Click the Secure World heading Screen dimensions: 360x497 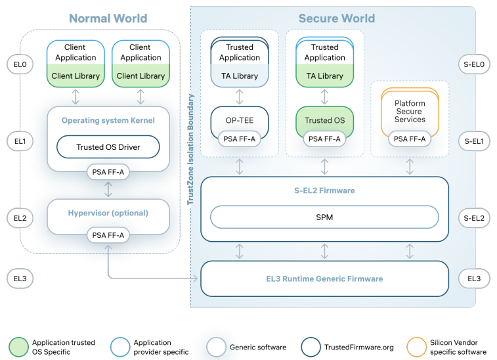pos(336,18)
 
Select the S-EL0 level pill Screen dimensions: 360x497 pos(473,64)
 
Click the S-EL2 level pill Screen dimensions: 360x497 pos(473,218)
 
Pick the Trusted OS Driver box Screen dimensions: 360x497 pos(108,147)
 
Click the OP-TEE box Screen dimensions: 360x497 pos(240,121)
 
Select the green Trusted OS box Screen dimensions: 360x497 pos(324,121)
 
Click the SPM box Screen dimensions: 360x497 pos(324,217)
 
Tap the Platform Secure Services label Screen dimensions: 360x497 pos(410,112)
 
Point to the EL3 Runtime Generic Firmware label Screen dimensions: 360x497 pos(324,279)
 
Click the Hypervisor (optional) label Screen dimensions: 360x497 pos(108,213)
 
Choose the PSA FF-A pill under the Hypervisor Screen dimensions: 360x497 pos(108,235)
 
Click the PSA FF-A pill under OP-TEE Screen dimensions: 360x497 pos(240,139)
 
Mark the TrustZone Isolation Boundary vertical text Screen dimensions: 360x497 pos(192,150)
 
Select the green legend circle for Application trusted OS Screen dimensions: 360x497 pos(18,346)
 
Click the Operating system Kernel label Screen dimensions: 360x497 pos(108,120)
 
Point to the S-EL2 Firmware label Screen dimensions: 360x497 pos(324,191)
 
